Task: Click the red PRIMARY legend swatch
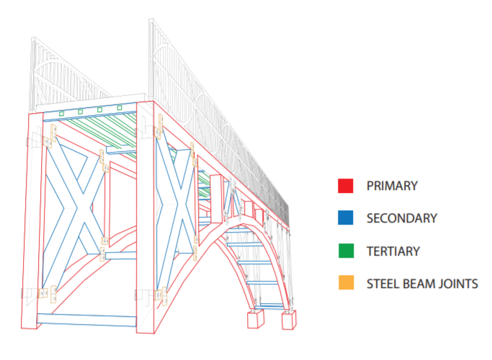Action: [x=345, y=186]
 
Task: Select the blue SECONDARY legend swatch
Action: [x=345, y=218]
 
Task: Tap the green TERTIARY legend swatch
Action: [x=345, y=251]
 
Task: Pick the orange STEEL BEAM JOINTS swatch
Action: [x=345, y=283]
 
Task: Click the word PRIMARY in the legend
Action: [x=392, y=186]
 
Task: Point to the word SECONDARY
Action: [x=402, y=218]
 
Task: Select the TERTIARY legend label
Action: [x=393, y=251]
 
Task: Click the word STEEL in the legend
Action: [x=383, y=283]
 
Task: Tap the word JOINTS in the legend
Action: [x=457, y=283]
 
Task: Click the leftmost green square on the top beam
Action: [x=62, y=113]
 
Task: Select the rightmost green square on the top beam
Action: [x=120, y=109]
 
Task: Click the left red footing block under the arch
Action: [x=256, y=319]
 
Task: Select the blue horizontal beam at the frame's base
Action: [x=87, y=320]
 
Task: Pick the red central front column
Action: [x=145, y=216]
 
